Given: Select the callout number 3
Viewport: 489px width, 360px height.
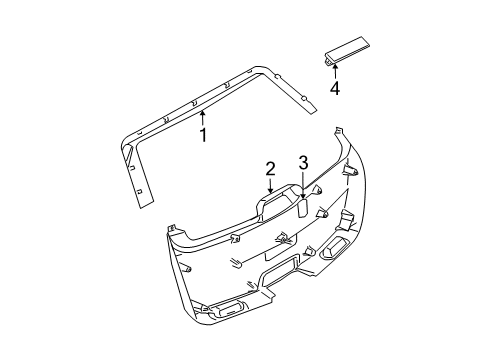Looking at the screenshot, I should [x=303, y=162].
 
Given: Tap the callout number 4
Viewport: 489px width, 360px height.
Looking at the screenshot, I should [x=335, y=89].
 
